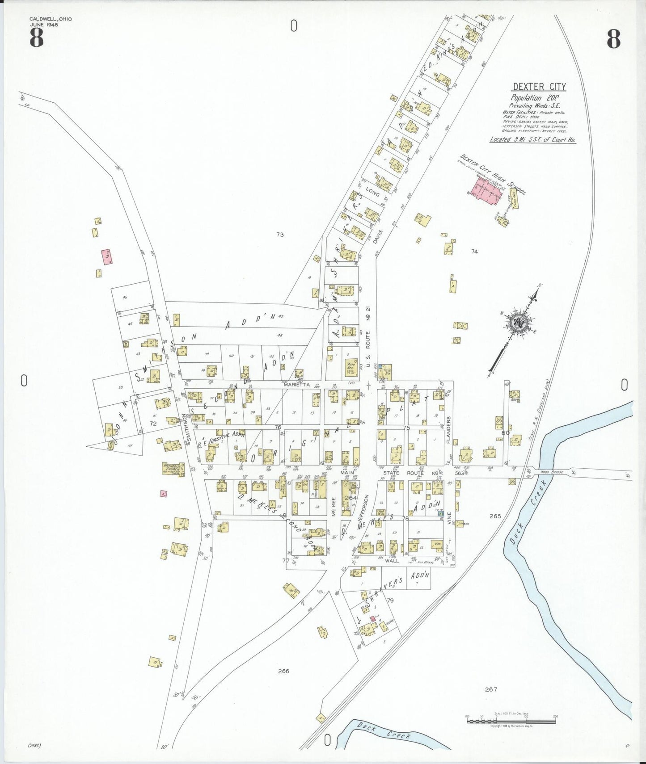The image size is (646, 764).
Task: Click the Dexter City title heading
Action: pyautogui.click(x=539, y=87)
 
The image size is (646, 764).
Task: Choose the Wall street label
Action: pyautogui.click(x=392, y=560)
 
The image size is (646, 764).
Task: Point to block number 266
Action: pyautogui.click(x=283, y=671)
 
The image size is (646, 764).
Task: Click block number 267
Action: pyautogui.click(x=491, y=689)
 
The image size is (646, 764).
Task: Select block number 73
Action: pyautogui.click(x=280, y=235)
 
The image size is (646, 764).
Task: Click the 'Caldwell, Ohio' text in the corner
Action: pyautogui.click(x=51, y=19)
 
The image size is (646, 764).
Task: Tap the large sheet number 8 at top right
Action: pyautogui.click(x=613, y=39)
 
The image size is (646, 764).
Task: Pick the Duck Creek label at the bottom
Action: pyautogui.click(x=385, y=732)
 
